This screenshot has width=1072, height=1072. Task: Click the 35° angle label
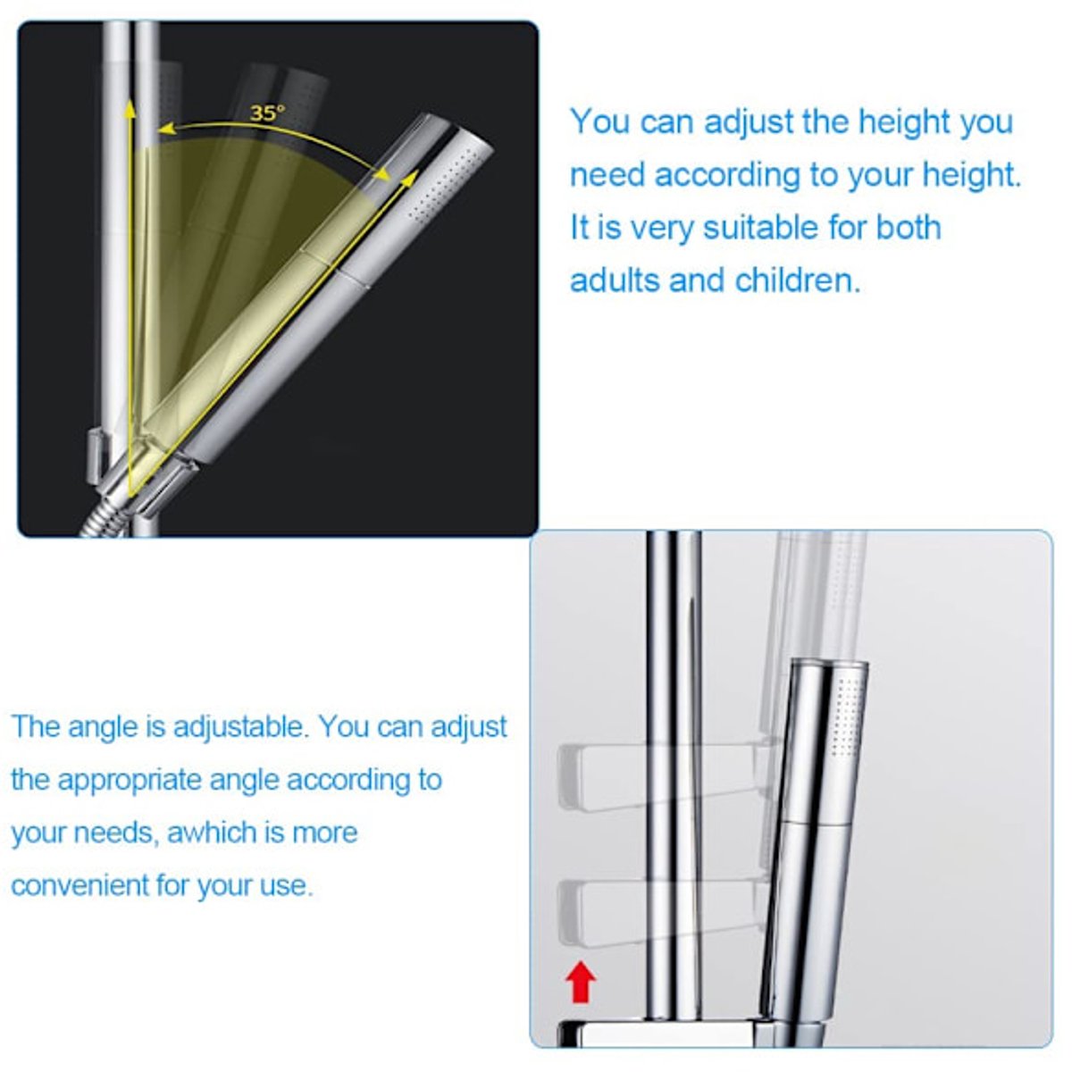[267, 113]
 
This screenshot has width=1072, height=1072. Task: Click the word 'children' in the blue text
[797, 281]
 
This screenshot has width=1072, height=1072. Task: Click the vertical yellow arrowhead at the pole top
[130, 108]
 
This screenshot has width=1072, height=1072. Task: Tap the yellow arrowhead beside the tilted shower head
[409, 178]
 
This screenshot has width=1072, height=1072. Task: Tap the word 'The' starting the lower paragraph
[35, 726]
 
